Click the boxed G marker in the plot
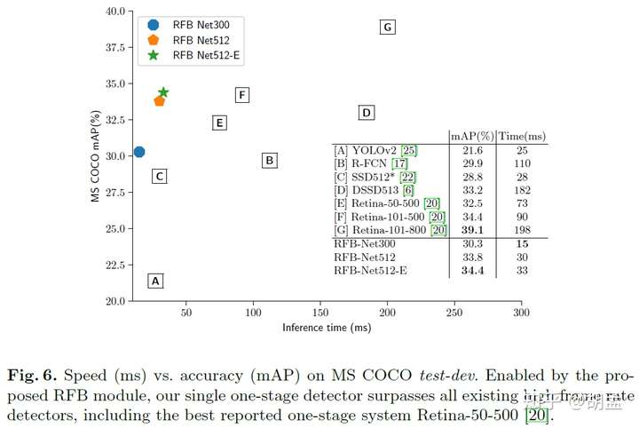coord(387,28)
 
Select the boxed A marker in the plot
coord(155,281)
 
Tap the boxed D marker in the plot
coord(366,113)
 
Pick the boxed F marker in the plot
coord(241,95)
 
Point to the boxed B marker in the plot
coord(270,161)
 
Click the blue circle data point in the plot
coord(138,153)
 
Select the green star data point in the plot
coord(163,92)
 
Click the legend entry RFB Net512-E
coord(207,56)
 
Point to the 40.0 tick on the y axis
coord(112,12)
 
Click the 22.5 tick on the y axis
coord(112,265)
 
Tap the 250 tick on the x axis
coord(454,313)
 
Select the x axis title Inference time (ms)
coord(327,328)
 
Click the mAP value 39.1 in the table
coord(472,230)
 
